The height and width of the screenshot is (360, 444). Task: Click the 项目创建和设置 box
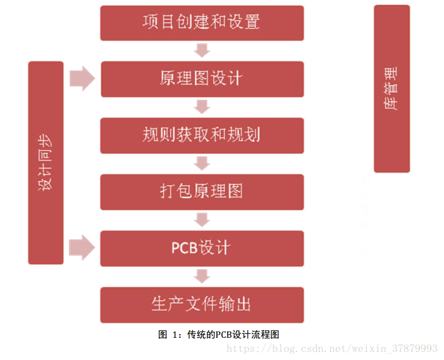201,23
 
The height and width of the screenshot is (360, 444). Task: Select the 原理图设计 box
201,79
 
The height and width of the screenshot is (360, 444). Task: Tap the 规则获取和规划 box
201,135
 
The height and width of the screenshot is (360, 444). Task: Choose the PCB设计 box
201,248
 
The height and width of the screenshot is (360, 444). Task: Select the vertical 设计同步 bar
46,163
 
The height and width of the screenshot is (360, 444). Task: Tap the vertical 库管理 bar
391,88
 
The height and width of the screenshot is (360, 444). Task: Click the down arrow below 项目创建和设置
201,51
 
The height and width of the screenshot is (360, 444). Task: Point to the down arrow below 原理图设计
201,107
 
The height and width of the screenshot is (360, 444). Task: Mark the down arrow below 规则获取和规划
201,163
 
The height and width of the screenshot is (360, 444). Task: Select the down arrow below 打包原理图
201,220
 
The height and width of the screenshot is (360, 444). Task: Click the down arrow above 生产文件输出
201,276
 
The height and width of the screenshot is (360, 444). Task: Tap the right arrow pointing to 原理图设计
82,78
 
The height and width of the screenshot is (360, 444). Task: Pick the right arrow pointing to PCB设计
82,248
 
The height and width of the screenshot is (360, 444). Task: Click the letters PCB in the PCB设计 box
185,248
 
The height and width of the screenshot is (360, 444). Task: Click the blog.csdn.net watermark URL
342,348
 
